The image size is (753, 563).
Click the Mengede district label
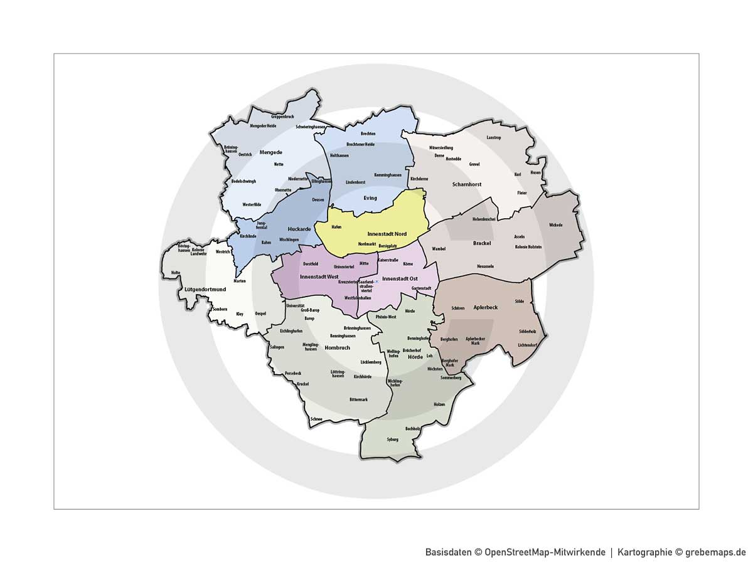271,152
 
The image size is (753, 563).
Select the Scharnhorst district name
466,184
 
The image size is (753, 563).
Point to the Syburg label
393,439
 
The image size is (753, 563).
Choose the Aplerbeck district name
485,308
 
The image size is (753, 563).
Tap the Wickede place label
555,224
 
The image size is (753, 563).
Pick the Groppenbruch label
282,117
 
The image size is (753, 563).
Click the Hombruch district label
337,347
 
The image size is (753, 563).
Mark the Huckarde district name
299,229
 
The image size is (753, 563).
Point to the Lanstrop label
494,137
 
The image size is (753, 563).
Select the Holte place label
175,272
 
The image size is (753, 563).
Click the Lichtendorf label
527,345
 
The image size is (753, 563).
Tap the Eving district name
370,198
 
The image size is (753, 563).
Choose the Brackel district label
482,243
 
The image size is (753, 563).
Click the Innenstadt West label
319,276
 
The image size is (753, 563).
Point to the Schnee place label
316,419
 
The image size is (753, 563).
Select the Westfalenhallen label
358,298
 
